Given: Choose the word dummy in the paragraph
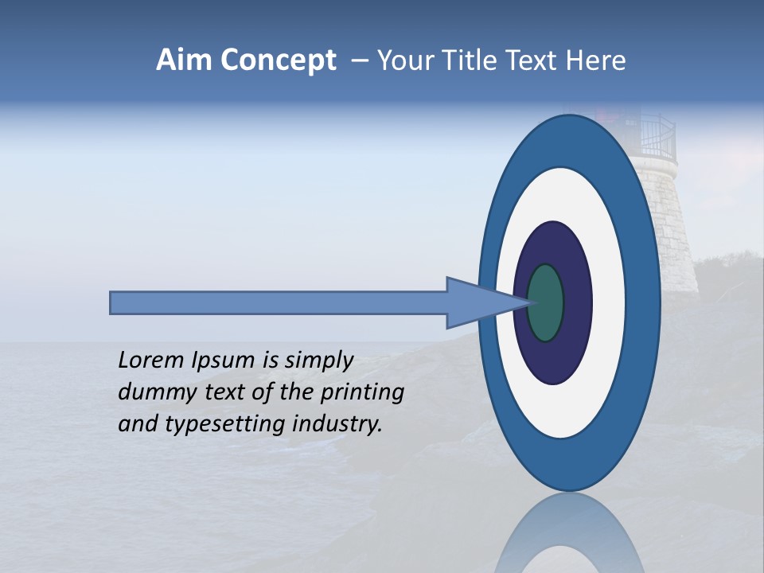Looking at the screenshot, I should coord(150,392).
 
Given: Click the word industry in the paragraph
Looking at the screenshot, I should coord(337,424).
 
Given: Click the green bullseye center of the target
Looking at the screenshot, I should coord(546,303).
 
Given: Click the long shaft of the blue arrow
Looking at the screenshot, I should coord(279,303).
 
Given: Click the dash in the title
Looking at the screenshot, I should coord(359,60).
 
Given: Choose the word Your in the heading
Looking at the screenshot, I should coord(405,60).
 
